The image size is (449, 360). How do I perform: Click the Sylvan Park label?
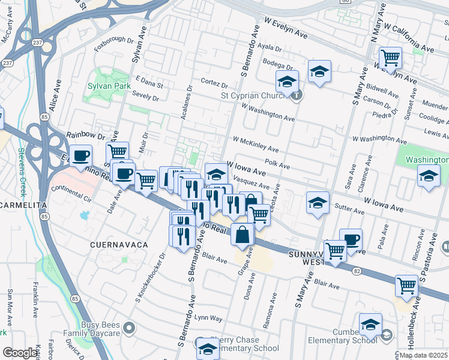[x=110, y=86]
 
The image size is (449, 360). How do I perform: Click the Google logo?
[x=20, y=353]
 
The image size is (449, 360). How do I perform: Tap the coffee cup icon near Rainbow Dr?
[x=80, y=157]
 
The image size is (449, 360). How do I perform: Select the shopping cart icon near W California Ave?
[x=390, y=58]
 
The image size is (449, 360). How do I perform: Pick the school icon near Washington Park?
[x=428, y=176]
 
